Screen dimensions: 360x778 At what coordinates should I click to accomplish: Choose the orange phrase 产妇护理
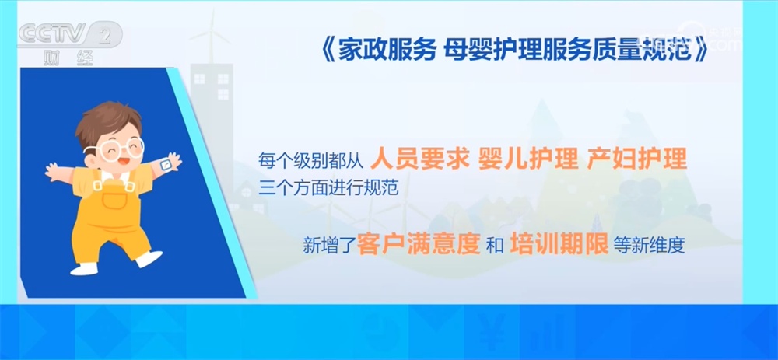[639, 159]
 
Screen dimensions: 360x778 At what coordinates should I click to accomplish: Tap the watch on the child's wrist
[165, 164]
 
